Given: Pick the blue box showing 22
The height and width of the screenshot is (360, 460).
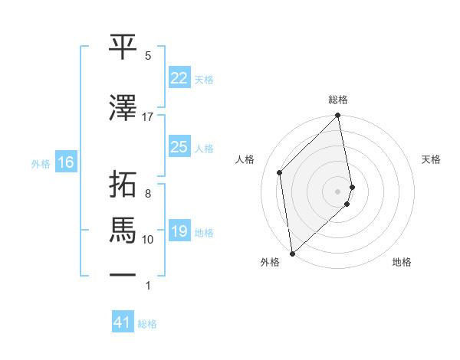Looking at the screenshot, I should pos(179,78).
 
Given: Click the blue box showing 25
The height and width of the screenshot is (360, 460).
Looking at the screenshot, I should pos(179,147).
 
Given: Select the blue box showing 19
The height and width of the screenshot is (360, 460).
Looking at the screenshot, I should pos(179,231).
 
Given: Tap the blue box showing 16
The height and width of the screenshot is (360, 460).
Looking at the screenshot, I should pos(65,162).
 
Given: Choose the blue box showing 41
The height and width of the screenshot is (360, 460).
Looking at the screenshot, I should pos(123,322).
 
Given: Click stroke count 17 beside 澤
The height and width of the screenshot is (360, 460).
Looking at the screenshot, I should pos(148,116).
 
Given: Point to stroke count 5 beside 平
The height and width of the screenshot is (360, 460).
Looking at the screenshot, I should pos(148,56).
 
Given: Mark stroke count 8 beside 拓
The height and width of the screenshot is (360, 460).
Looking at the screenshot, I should pos(148,193).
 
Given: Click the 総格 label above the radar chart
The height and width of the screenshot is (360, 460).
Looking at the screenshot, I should pos(338,100).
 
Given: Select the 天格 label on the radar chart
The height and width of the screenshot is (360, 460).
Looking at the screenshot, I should pos(431,159).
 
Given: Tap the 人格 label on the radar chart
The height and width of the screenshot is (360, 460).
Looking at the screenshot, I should pos(245,159).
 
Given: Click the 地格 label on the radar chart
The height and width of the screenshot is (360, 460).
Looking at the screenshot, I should pos(402,262).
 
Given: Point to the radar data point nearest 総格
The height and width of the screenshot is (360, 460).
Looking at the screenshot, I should pos(338,116).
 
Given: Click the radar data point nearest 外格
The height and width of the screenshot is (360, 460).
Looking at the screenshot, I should pos(292,253).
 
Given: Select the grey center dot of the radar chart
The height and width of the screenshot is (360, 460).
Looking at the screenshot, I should pos(338,191).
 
